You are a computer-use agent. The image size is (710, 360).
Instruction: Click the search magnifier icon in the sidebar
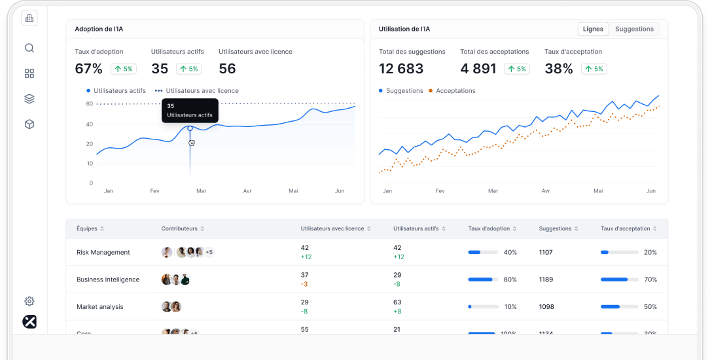29,48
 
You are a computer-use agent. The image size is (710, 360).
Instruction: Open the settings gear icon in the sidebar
29,301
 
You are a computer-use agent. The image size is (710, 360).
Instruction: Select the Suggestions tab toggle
634,29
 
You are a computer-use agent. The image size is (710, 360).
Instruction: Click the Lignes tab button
593,29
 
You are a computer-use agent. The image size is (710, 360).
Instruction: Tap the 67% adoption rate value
88,69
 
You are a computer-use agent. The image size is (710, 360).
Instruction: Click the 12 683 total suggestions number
401,69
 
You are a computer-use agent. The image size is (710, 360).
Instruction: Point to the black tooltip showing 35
190,110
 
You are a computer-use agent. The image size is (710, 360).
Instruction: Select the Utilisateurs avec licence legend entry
202,91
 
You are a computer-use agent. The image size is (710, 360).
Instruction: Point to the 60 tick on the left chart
90,104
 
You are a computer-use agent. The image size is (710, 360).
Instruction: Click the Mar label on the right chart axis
492,191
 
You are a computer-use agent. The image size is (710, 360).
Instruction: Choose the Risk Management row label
103,252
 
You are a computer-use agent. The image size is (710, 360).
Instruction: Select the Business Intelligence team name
108,279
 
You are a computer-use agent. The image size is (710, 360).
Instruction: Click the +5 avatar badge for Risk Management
209,252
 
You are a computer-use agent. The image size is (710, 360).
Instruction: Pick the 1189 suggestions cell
546,279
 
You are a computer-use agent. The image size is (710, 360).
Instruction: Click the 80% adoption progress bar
484,279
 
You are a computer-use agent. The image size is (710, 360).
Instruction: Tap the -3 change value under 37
304,284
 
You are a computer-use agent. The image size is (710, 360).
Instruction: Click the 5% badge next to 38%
595,69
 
